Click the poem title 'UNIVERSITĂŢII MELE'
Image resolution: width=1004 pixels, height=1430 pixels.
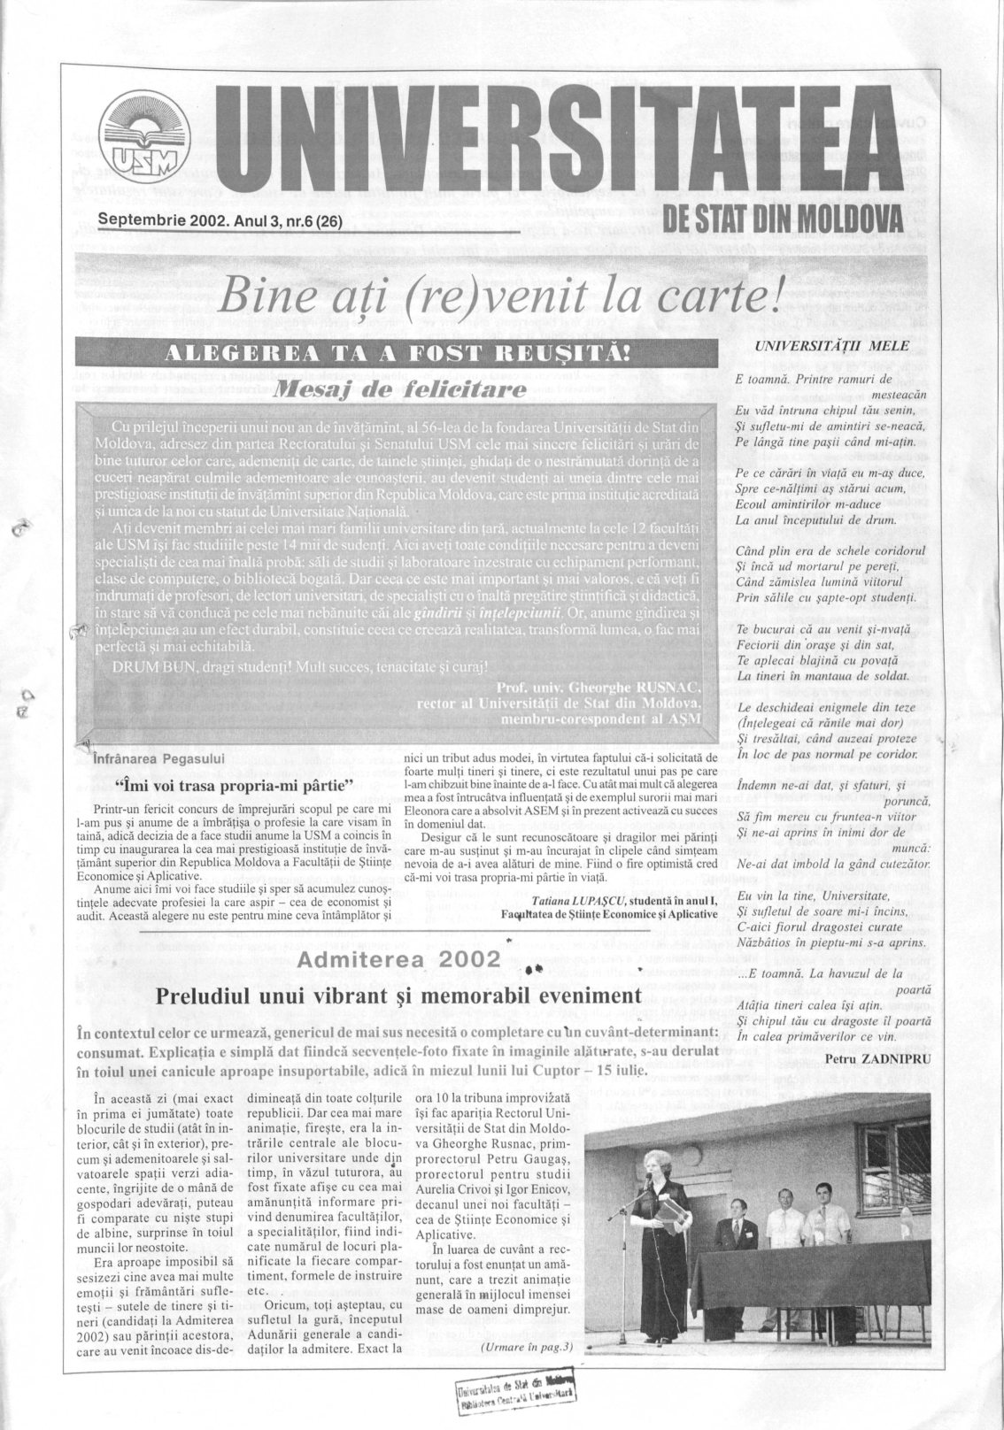point(832,346)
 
